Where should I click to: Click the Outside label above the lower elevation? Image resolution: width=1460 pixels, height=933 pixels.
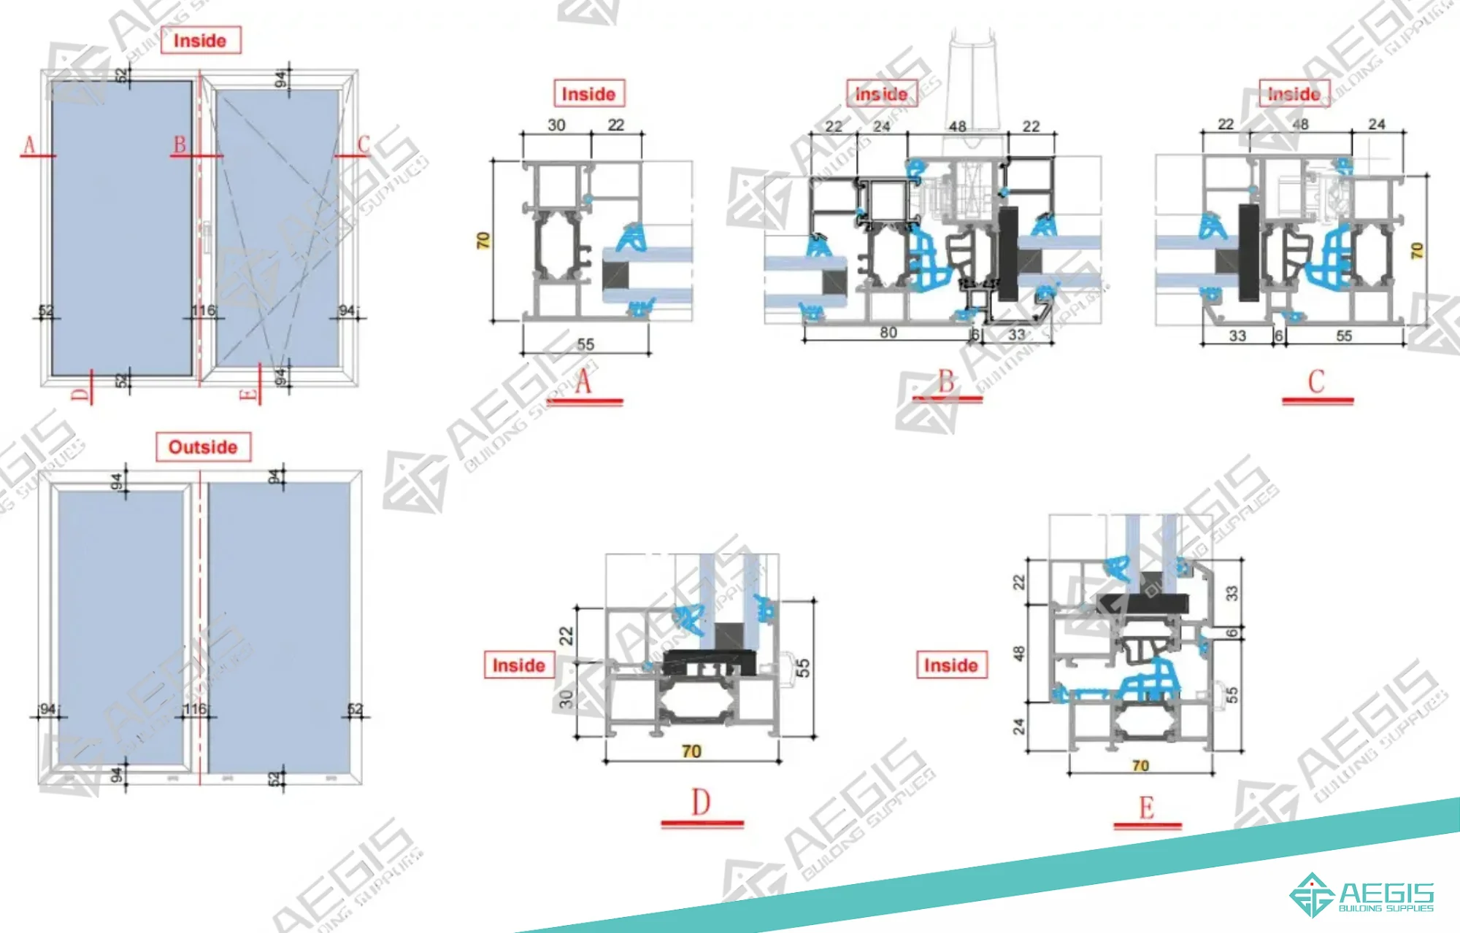[x=203, y=446]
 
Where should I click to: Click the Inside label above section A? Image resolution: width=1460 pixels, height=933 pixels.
[x=588, y=94]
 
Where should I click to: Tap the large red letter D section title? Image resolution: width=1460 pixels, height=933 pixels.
[x=701, y=802]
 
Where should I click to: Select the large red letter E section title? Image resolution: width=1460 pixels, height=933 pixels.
[x=1147, y=808]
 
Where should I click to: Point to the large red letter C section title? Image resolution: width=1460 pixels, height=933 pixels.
[x=1316, y=382]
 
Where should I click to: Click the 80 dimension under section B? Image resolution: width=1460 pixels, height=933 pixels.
[x=888, y=333]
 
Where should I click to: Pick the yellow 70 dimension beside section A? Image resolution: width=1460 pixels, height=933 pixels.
[x=483, y=240]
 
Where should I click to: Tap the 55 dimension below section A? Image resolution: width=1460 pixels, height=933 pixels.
[x=585, y=344]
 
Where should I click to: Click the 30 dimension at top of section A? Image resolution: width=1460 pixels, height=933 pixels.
[x=556, y=125]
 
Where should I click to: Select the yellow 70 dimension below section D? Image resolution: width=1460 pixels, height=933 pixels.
[x=691, y=751]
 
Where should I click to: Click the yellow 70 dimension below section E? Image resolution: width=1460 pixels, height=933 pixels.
[x=1140, y=765]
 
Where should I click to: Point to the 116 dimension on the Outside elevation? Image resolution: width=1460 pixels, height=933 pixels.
[x=195, y=709]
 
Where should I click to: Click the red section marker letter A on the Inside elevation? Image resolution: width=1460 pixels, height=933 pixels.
[x=30, y=145]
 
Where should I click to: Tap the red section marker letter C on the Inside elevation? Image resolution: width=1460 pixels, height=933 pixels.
[x=363, y=144]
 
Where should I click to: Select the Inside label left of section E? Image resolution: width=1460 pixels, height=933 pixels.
[x=951, y=665]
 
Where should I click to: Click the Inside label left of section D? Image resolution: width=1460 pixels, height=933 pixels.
[x=519, y=665]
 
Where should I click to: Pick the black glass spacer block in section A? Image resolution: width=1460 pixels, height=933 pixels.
[x=615, y=274]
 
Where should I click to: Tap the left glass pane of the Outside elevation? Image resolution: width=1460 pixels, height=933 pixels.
[x=120, y=627]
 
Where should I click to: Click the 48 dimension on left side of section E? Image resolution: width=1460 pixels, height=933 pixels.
[x=1020, y=653]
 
